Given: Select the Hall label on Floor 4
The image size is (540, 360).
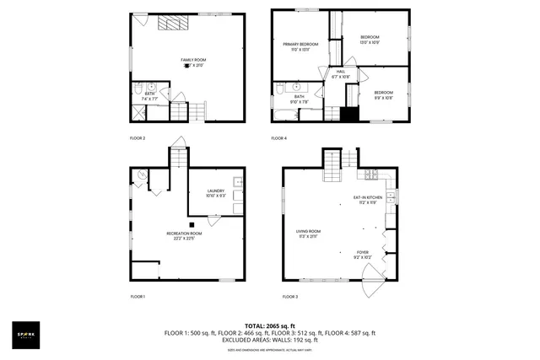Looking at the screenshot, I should click(341, 73).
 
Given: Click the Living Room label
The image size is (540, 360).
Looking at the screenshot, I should click(308, 234).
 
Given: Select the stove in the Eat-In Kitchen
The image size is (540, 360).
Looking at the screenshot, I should click(370, 175).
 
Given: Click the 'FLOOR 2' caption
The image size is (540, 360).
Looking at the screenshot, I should click(138, 137).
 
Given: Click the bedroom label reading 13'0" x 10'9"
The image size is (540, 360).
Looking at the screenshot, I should click(370, 40).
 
